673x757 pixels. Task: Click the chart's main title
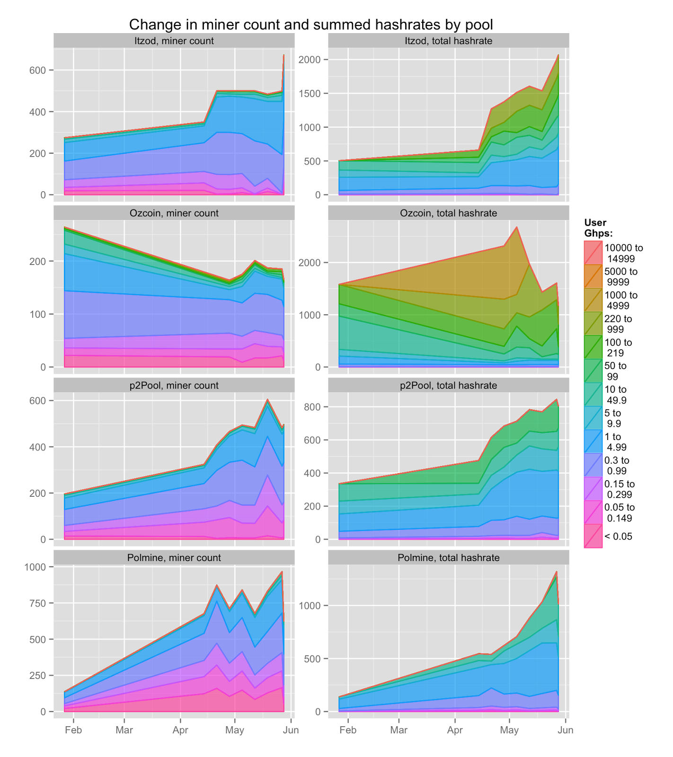pos(311,25)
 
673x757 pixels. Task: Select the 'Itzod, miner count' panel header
pos(174,41)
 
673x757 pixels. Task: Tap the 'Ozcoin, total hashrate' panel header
pos(448,213)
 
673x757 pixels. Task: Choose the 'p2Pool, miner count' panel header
pos(174,386)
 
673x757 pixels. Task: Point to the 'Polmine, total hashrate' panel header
pos(448,558)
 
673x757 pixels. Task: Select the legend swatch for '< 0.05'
pos(593,537)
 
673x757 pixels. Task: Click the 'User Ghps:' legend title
pos(598,228)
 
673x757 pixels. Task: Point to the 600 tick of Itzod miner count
pos(37,70)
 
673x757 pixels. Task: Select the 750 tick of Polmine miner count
pos(37,603)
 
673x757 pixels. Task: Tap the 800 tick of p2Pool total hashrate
pos(313,407)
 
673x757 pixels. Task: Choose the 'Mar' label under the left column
pos(124,730)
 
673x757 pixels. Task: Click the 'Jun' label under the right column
pos(565,730)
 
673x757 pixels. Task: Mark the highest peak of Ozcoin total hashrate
pos(517,227)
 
